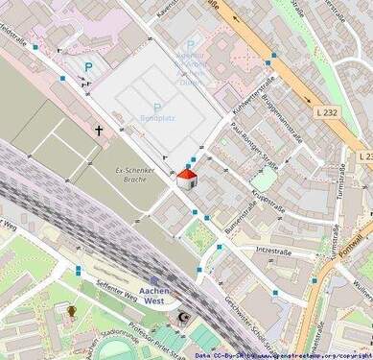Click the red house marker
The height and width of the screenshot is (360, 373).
187,179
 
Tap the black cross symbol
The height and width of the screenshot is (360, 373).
98,129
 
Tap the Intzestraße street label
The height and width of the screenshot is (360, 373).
273,251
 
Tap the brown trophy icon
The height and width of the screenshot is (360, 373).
71,311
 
